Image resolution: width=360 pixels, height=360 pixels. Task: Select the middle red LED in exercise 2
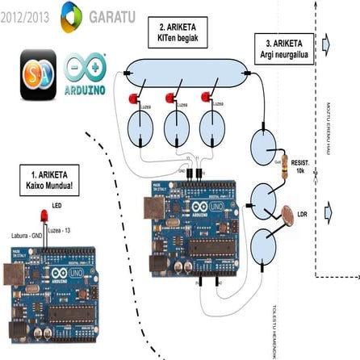170,98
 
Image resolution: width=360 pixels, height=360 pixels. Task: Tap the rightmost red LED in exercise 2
208,98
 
